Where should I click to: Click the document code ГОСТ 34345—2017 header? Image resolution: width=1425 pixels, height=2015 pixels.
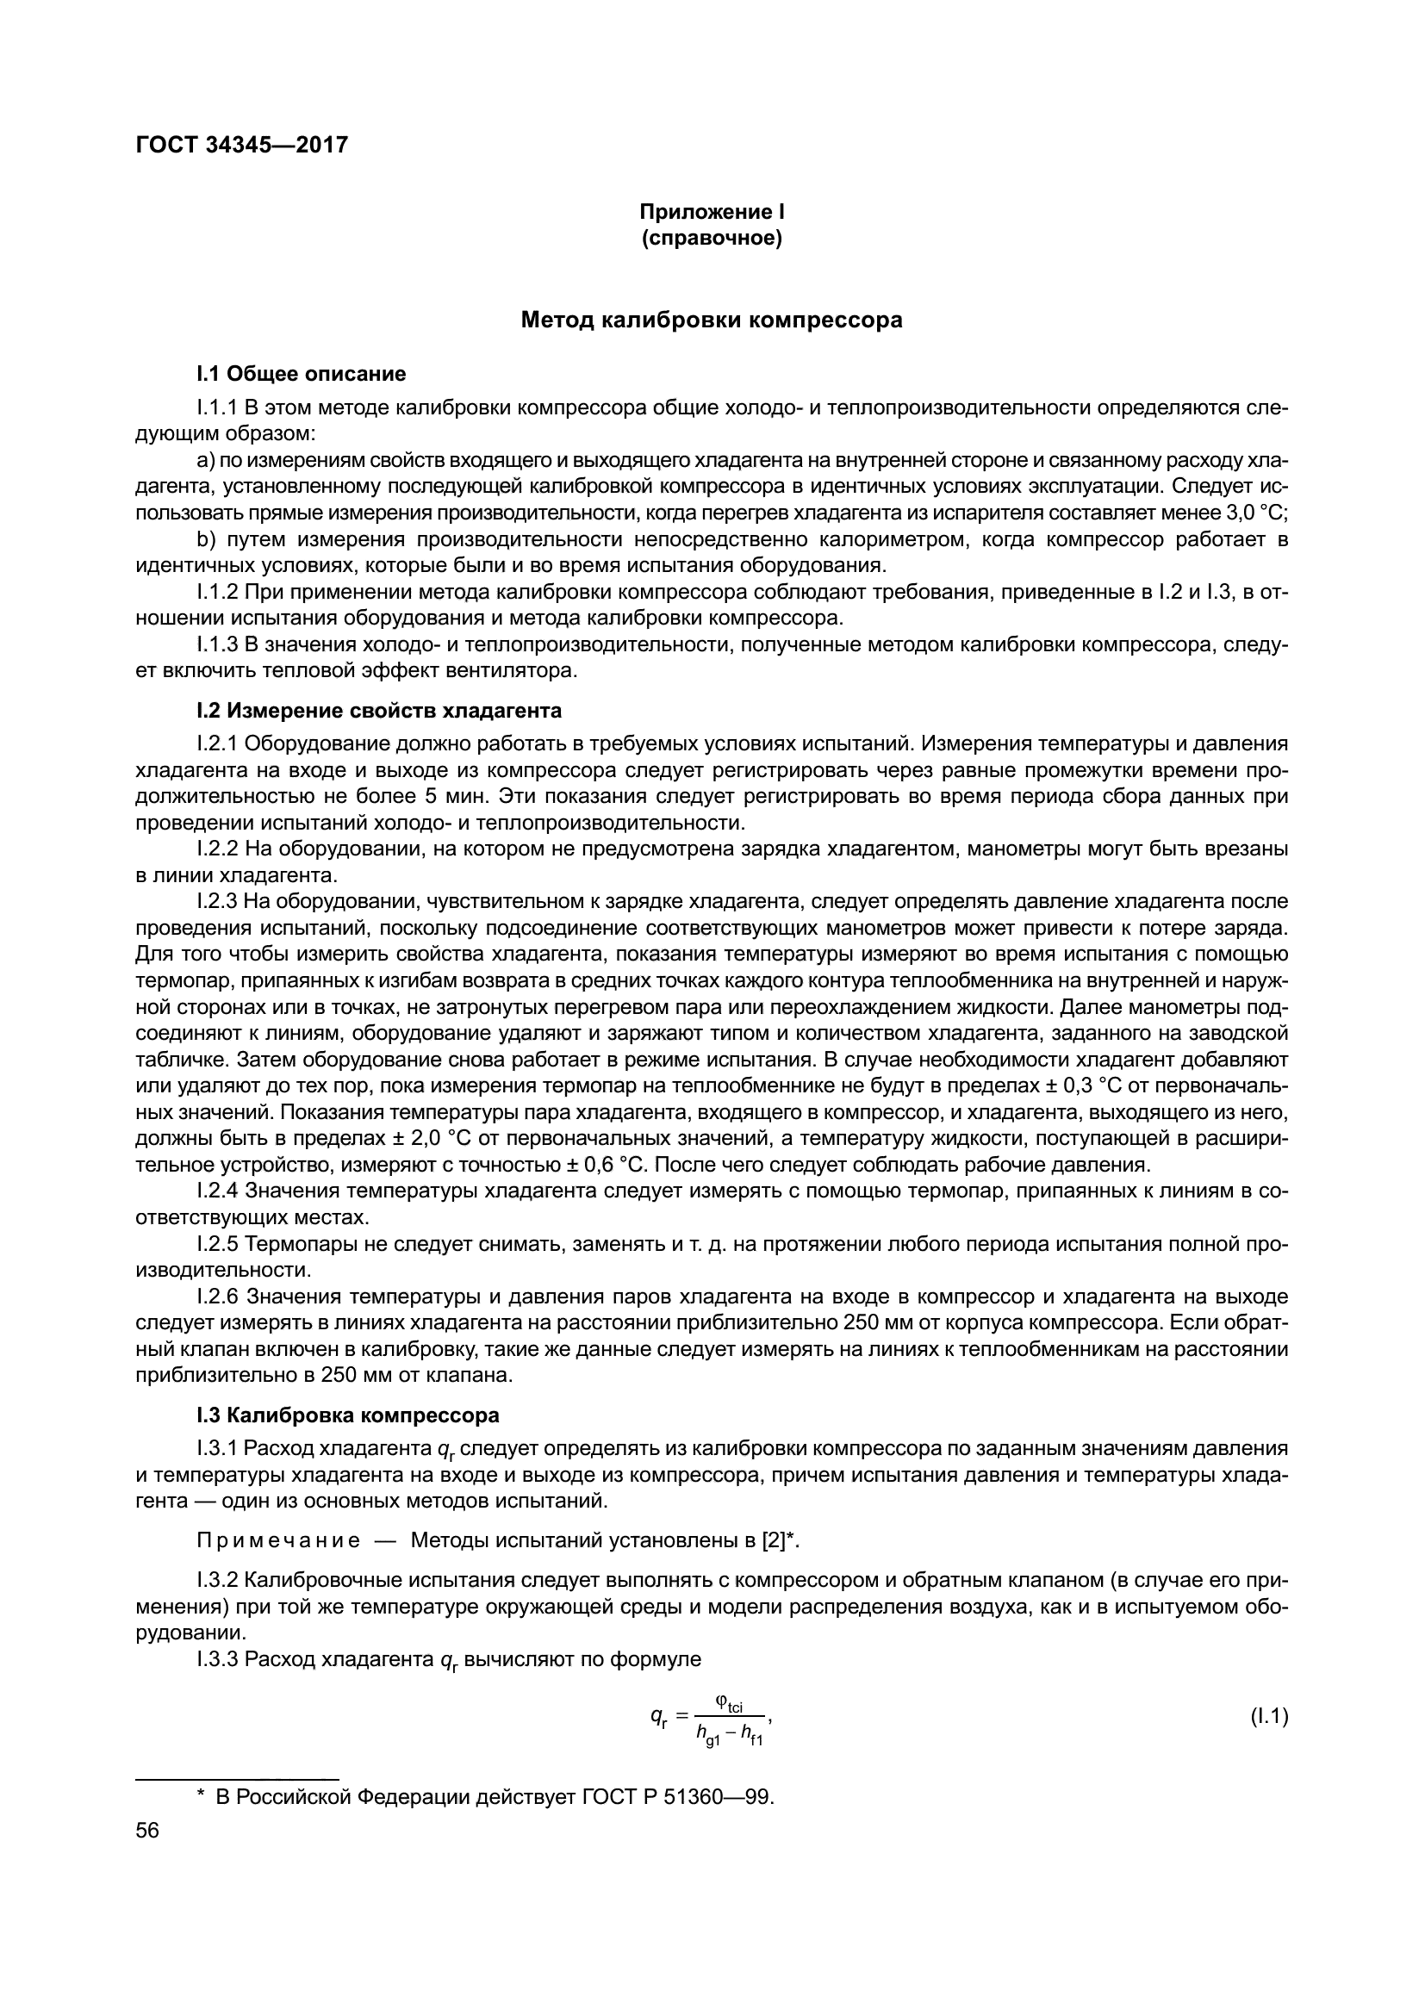tap(242, 145)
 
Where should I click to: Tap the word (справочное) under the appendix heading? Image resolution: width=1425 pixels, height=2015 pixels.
tap(712, 238)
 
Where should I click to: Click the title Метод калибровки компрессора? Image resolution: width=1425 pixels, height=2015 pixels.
tap(712, 320)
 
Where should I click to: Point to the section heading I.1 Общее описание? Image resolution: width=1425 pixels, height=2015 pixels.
tap(302, 374)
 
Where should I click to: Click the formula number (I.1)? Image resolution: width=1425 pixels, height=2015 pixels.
tap(1269, 1717)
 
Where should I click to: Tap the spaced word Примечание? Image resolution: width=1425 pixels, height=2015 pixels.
tap(278, 1540)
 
